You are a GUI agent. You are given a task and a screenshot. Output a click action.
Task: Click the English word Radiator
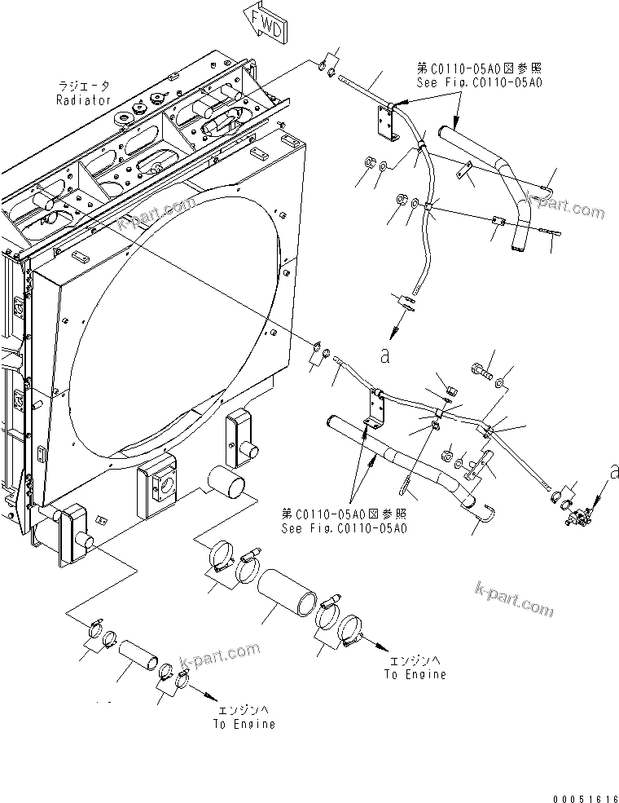[x=83, y=99]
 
